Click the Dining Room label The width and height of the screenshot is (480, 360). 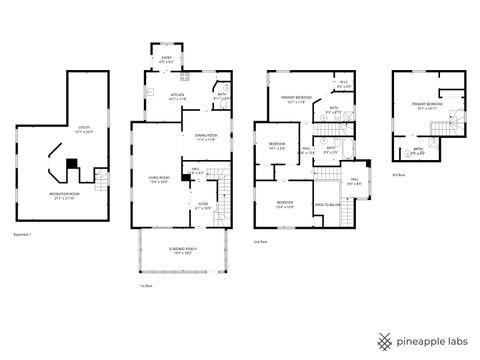(206, 137)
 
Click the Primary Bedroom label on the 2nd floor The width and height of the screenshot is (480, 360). (297, 98)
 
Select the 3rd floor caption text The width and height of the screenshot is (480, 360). (399, 174)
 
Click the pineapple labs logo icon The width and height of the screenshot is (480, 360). (383, 341)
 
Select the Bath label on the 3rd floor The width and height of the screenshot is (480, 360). (418, 152)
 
